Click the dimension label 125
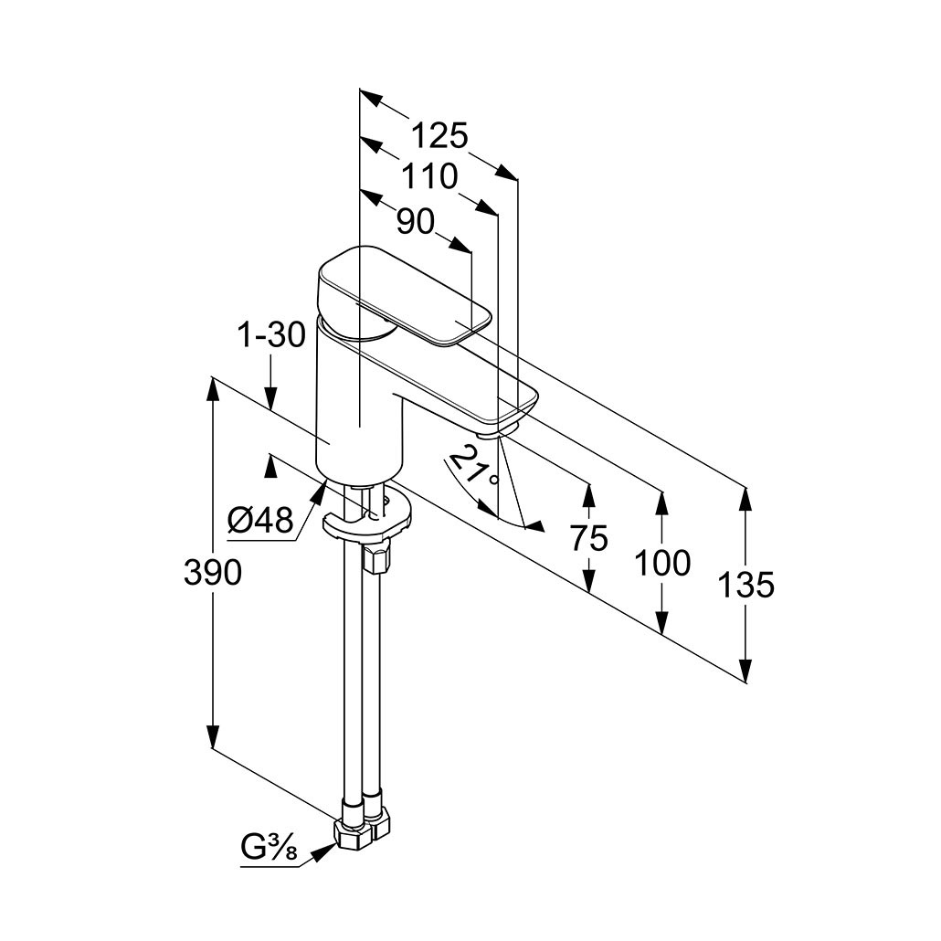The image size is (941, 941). pos(439,135)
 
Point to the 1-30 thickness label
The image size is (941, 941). pos(272,336)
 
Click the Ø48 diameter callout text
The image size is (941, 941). pos(259,521)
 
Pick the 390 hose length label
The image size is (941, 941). pos(212,573)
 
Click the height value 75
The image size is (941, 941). pos(589,539)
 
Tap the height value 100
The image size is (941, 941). pos(662,564)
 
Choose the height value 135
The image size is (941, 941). pos(745,585)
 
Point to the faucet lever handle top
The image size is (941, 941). pos(402,292)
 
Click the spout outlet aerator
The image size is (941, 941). pos(501,430)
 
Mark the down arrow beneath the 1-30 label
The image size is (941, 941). pos(271,398)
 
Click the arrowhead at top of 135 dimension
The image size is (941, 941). pos(745,498)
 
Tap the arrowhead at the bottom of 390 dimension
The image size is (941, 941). pos(212,737)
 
